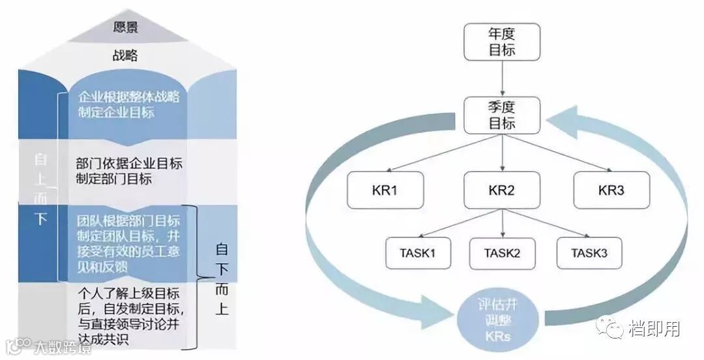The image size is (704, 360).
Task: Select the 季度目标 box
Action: (502, 115)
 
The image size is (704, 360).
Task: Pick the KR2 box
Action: (502, 190)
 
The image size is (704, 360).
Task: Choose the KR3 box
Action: (611, 190)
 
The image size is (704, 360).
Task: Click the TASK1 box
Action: (418, 252)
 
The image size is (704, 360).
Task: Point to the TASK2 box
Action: (503, 252)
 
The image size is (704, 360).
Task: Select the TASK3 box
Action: (589, 252)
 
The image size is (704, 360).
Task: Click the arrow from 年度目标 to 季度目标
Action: (502, 80)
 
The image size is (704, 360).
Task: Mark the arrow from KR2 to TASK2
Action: (503, 223)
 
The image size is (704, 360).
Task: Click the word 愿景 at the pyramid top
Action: (126, 28)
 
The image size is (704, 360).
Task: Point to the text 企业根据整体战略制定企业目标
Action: (128, 104)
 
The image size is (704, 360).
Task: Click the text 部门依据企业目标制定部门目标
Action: (128, 171)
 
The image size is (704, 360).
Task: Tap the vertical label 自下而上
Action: (222, 279)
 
